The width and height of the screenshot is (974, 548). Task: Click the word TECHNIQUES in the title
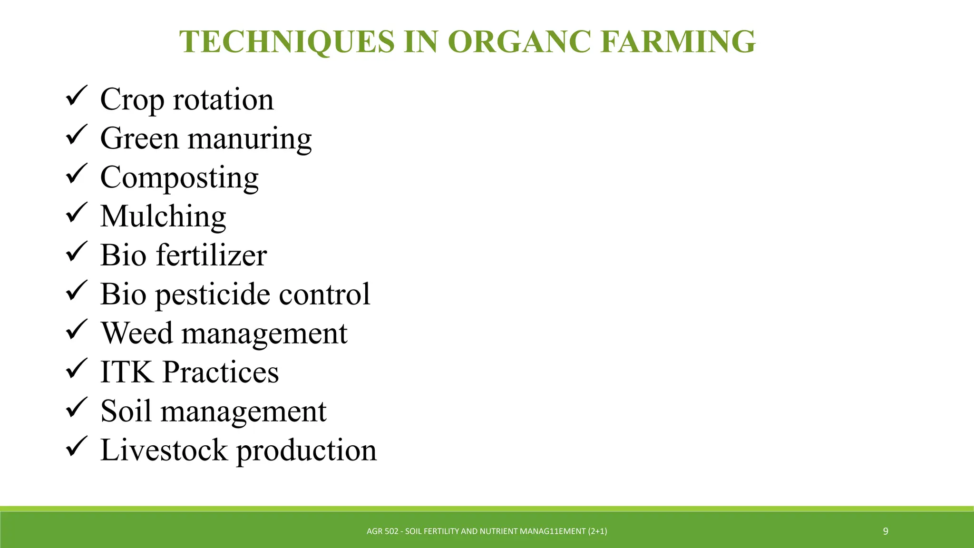287,42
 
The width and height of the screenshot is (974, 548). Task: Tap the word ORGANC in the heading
519,42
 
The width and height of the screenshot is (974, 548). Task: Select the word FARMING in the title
678,42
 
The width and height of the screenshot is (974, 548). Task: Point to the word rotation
223,99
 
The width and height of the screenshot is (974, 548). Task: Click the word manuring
250,139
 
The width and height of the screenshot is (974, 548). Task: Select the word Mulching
163,216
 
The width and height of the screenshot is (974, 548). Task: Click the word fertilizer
211,255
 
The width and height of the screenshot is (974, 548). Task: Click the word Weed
137,333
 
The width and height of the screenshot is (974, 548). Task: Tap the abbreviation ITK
127,372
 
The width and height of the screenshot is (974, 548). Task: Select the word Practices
221,372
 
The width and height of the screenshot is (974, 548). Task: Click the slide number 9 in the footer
886,531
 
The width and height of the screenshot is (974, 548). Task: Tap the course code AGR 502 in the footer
382,531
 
